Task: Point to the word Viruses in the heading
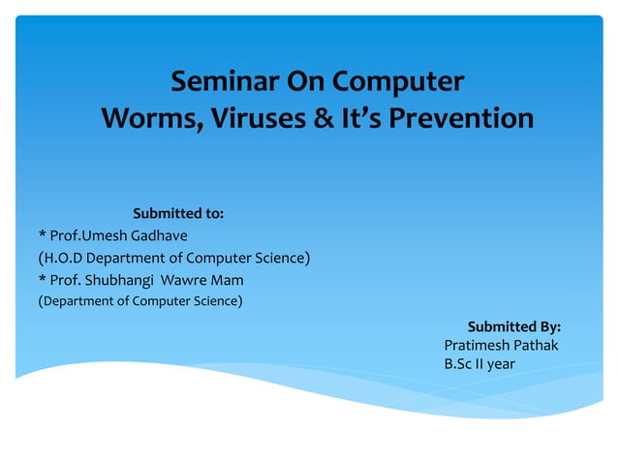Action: (251, 119)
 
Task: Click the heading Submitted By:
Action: (514, 326)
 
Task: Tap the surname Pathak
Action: (538, 346)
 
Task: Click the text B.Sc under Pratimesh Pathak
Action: (459, 365)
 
